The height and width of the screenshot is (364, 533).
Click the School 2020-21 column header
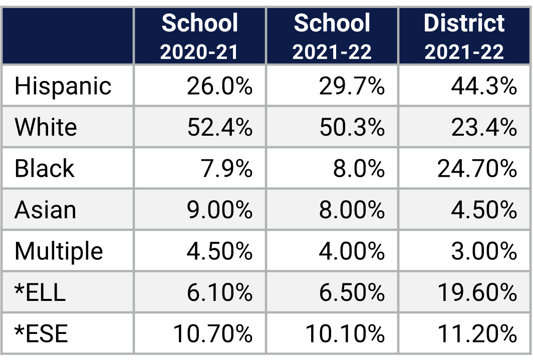coord(199,37)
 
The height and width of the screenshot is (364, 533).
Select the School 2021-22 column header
coord(332,37)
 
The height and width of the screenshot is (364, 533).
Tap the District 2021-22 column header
coord(464,37)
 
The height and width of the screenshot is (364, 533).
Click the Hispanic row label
coord(63,86)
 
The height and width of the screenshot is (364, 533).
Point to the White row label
coord(46,127)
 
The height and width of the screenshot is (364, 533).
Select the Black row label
coord(44,168)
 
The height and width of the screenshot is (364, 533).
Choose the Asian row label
coord(45,210)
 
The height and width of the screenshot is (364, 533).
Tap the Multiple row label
coord(59,251)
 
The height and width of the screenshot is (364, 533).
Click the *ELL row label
coord(40,292)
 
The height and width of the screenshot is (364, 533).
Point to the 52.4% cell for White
coord(219,128)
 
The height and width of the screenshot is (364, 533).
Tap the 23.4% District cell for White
coord(483,128)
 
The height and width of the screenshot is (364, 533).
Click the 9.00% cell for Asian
coord(219,210)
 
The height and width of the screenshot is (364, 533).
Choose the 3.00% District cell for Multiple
coord(483,251)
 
